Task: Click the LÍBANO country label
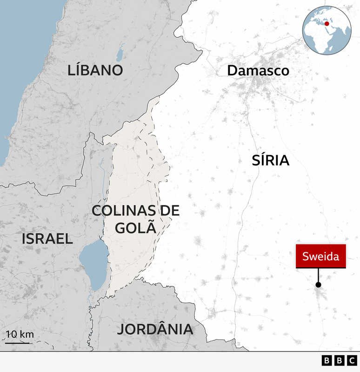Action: click(95, 70)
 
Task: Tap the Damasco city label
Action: click(258, 71)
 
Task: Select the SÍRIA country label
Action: click(271, 161)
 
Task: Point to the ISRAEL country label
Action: click(47, 239)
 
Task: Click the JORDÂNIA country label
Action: click(154, 329)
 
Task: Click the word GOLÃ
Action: click(135, 228)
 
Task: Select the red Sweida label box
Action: click(320, 256)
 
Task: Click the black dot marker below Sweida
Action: click(318, 284)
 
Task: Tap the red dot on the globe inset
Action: click(327, 24)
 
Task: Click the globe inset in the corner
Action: click(327, 30)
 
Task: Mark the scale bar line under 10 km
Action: click(18, 343)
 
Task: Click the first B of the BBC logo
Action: click(326, 361)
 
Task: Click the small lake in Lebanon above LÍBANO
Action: click(120, 54)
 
